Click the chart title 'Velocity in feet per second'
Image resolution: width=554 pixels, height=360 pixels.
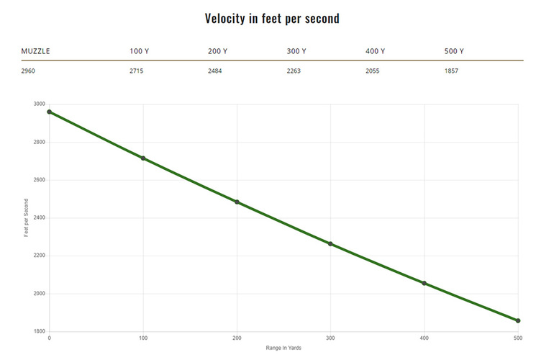pyautogui.click(x=272, y=19)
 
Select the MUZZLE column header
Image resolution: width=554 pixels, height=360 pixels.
pyautogui.click(x=35, y=51)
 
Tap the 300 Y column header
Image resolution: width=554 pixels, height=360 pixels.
pyautogui.click(x=296, y=51)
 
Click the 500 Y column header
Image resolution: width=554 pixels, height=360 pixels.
pyautogui.click(x=454, y=51)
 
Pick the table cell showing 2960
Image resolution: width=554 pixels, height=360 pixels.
pyautogui.click(x=28, y=71)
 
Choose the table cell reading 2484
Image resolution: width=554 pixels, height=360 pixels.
pyautogui.click(x=215, y=71)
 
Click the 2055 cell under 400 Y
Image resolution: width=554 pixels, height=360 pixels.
pyautogui.click(x=373, y=71)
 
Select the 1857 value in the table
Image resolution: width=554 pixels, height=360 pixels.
pyautogui.click(x=452, y=71)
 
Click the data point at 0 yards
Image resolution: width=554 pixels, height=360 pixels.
pyautogui.click(x=49, y=112)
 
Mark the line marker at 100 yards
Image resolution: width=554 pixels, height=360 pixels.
pyautogui.click(x=143, y=158)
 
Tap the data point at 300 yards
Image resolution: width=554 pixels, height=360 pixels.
pyautogui.click(x=331, y=244)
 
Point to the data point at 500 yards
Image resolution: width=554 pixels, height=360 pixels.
pyautogui.click(x=518, y=320)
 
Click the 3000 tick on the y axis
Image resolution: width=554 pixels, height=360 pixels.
pyautogui.click(x=39, y=104)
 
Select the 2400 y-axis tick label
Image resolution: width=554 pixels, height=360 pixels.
pyautogui.click(x=39, y=218)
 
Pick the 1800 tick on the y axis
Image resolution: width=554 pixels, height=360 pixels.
pyautogui.click(x=39, y=332)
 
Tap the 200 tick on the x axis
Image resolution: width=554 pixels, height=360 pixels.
pyautogui.click(x=237, y=338)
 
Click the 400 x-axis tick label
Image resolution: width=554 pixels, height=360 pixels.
pyautogui.click(x=424, y=338)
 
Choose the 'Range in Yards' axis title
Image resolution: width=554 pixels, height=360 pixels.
pyautogui.click(x=283, y=348)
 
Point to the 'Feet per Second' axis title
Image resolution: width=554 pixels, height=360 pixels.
pyautogui.click(x=27, y=218)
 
